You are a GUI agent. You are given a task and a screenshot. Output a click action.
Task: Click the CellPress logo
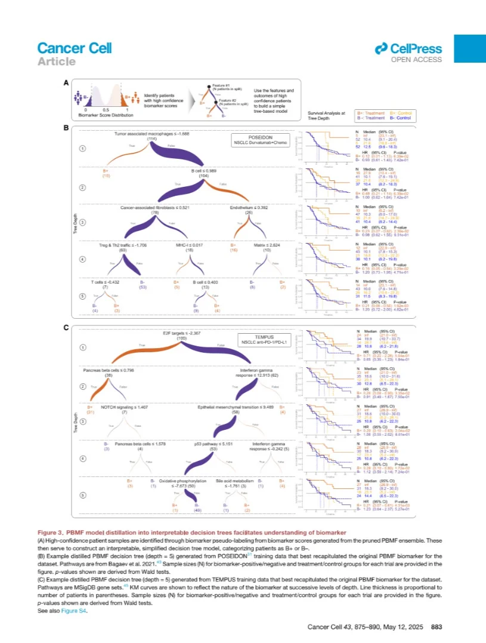(x=409, y=48)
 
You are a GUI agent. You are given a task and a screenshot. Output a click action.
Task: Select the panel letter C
(x=67, y=327)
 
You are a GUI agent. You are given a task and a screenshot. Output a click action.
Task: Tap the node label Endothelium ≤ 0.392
(x=249, y=207)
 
